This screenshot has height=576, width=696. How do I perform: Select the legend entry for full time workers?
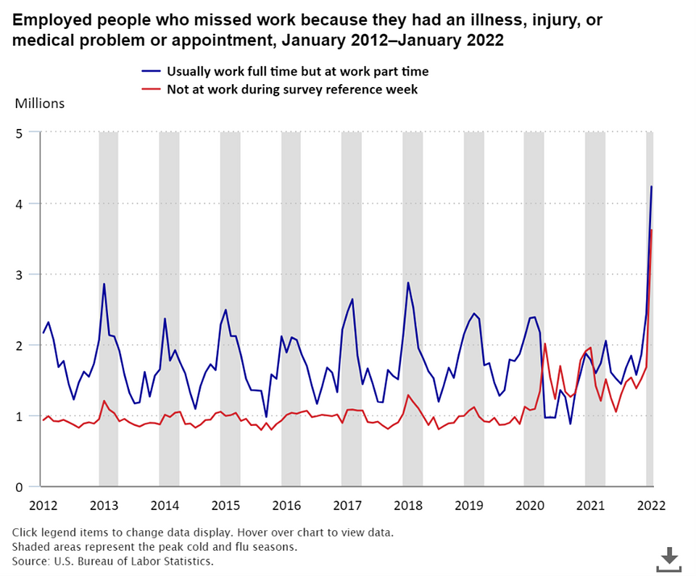pos(297,71)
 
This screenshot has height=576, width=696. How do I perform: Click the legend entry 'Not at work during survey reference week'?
pos(292,89)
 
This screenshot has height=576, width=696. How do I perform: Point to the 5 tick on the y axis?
pos(20,133)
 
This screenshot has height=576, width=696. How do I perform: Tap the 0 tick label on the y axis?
pos(20,487)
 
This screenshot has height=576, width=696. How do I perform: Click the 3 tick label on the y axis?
pos(20,275)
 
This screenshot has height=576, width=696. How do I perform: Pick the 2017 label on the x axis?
pos(347,505)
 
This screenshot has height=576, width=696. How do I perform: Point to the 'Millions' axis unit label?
pos(40,104)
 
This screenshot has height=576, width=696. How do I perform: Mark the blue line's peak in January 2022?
pos(651,187)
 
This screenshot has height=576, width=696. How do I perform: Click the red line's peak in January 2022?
pos(652,230)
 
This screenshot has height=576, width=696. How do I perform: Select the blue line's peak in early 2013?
pos(104,283)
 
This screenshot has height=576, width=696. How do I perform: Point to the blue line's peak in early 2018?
pos(408,283)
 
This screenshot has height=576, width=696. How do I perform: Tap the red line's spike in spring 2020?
pos(544,343)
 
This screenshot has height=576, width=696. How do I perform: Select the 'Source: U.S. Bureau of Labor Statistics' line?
pos(112,561)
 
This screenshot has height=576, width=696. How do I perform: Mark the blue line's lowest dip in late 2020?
pos(570,424)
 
